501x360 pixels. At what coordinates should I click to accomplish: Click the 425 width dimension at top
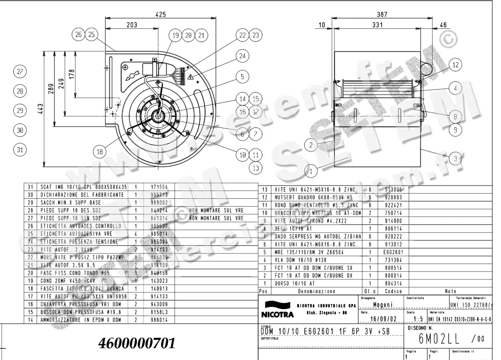(x=161, y=14)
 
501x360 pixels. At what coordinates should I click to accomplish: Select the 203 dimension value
(x=132, y=25)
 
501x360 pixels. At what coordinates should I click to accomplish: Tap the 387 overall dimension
(x=382, y=14)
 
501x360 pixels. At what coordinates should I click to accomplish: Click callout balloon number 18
(x=99, y=152)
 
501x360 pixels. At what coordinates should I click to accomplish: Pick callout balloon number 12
(x=455, y=65)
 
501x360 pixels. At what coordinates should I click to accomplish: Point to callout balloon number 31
(x=20, y=149)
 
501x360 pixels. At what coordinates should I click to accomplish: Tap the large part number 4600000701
(x=137, y=343)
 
